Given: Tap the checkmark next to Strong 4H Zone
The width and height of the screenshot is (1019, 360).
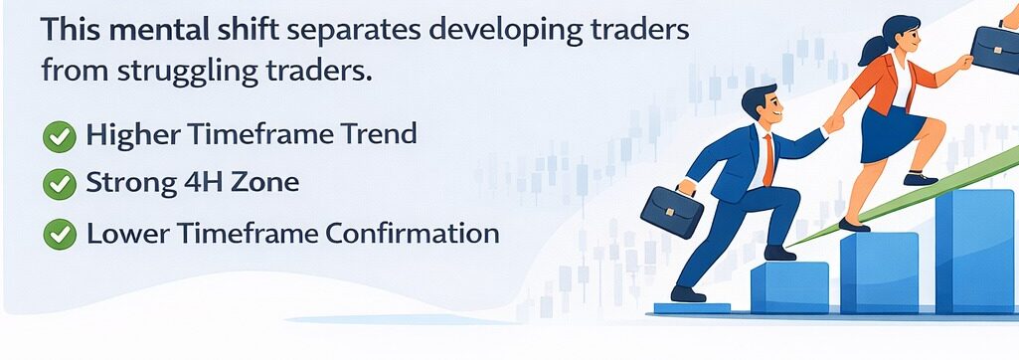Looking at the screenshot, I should pos(60,184).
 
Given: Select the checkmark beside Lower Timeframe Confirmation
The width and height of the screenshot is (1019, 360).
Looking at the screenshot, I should pos(60,235).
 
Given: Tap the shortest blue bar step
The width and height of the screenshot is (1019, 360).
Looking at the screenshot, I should pos(789,288).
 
